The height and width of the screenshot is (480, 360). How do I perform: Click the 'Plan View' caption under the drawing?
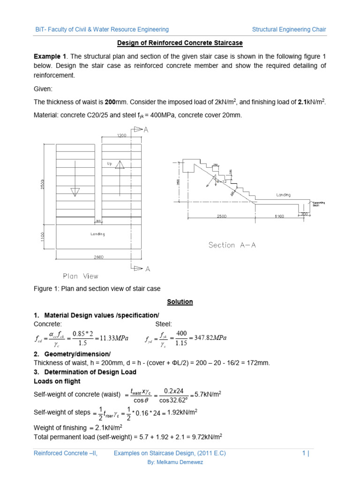click(81, 276)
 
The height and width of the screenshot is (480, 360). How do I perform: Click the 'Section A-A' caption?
click(232, 245)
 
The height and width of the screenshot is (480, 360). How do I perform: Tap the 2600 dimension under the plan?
click(98, 257)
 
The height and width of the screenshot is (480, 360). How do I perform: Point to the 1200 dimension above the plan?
click(123, 135)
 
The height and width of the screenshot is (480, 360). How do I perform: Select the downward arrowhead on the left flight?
click(75, 192)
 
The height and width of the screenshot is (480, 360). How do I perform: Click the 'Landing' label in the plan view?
click(97, 234)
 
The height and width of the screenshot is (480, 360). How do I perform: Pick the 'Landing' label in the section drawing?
click(283, 195)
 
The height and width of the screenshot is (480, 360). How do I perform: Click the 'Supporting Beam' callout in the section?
click(319, 203)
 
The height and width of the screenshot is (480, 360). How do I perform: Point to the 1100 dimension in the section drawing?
click(279, 217)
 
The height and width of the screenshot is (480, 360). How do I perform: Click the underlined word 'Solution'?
click(180, 302)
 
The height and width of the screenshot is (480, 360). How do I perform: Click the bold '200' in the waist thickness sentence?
click(110, 102)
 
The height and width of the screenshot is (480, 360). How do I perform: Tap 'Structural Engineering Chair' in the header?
click(289, 30)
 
